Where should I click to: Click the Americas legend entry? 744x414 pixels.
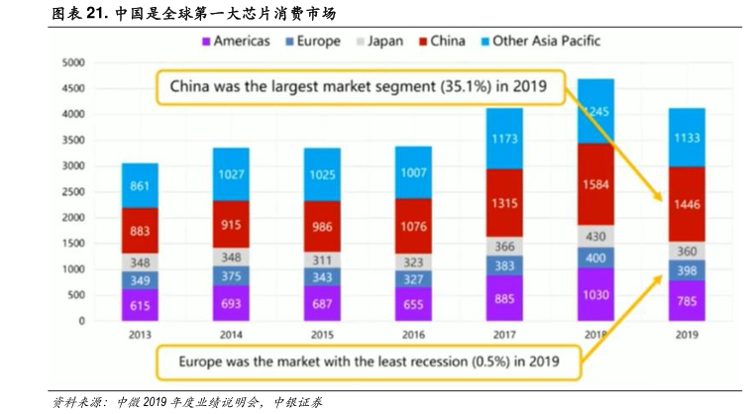coord(237,42)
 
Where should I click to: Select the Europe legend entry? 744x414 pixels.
coord(312,42)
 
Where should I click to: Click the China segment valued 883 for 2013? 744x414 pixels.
coord(140,231)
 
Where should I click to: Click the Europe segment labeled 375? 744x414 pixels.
coord(231,276)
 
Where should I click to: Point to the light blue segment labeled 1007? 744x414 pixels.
coord(412,172)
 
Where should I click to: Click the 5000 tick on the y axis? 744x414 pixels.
coord(73,62)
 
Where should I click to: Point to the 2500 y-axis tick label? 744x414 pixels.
coord(73,192)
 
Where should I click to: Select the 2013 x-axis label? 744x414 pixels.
coord(140,335)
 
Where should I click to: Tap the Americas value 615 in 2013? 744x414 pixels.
coord(140,306)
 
